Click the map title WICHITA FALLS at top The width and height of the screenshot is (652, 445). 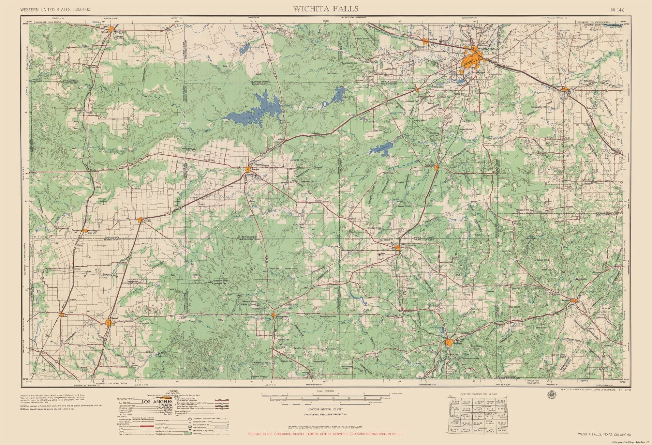click(326, 9)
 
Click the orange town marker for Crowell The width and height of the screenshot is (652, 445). click(112, 30)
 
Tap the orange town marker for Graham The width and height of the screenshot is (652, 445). click(449, 343)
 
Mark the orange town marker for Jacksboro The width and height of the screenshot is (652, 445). click(575, 300)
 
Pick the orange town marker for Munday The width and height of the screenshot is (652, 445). click(140, 220)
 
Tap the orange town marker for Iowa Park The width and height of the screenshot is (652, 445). click(425, 41)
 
